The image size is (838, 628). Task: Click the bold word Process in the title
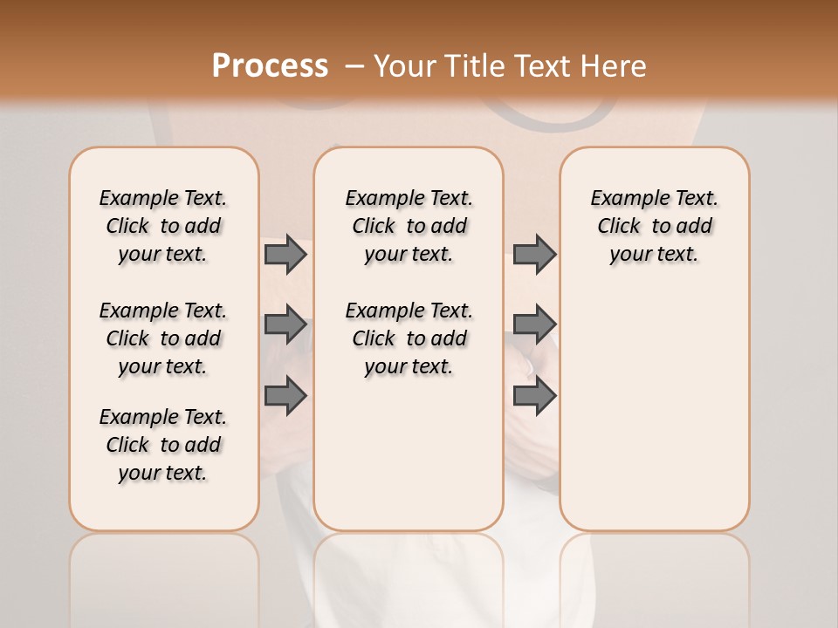click(x=270, y=66)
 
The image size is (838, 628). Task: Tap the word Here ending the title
click(x=615, y=66)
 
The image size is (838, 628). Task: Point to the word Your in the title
click(x=407, y=66)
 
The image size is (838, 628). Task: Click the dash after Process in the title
click(x=354, y=66)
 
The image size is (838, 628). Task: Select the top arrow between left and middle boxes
click(x=285, y=254)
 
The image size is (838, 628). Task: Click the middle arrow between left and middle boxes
click(x=285, y=324)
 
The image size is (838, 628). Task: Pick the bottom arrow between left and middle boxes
click(x=285, y=395)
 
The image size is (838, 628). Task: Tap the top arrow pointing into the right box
click(x=534, y=254)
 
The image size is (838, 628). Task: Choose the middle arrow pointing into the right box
click(x=534, y=324)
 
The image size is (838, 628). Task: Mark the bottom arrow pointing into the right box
click(x=534, y=395)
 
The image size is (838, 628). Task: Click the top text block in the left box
click(x=163, y=226)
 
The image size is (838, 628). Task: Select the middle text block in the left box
click(x=163, y=338)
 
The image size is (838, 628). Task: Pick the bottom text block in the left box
click(x=163, y=445)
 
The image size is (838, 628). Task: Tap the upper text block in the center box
click(x=409, y=226)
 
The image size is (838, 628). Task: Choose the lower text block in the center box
click(x=409, y=338)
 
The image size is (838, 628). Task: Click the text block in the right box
click(x=654, y=226)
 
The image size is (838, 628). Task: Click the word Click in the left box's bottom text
click(x=127, y=445)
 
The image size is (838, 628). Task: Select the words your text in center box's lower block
click(x=409, y=366)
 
